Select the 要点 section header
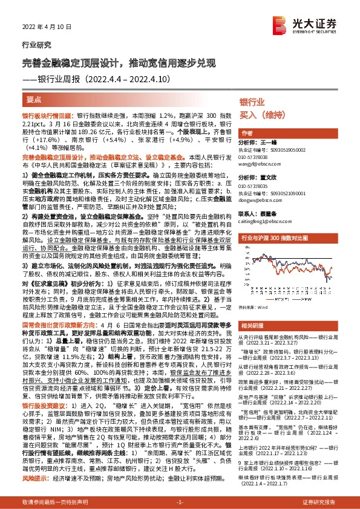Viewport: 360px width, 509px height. point(36,98)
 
